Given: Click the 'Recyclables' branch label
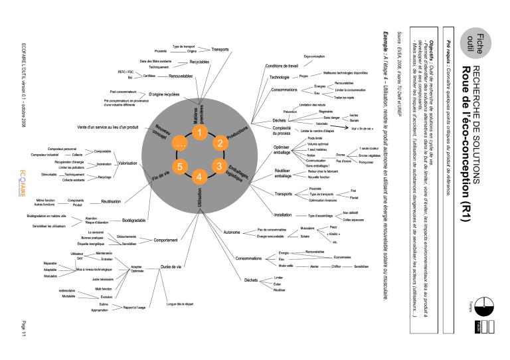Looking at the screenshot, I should (x=199, y=62).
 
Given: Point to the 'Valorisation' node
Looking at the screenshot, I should (x=127, y=163).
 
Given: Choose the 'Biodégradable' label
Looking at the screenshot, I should (x=135, y=220).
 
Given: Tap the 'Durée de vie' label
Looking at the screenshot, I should (x=172, y=268).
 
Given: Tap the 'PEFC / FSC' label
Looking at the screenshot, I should (x=126, y=71).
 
